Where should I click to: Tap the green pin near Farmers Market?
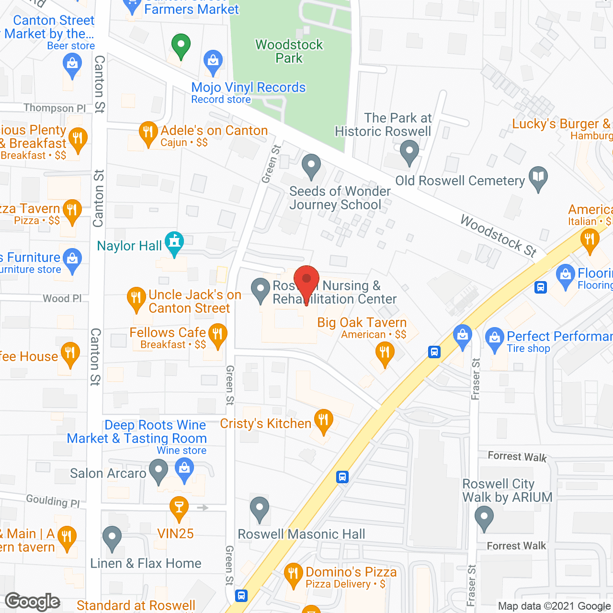click(x=181, y=46)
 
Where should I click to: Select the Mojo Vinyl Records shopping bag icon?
click(x=213, y=62)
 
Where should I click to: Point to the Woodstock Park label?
click(x=289, y=51)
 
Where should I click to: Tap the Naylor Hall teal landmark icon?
click(x=174, y=243)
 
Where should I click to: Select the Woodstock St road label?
click(x=498, y=236)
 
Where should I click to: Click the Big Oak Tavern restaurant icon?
click(x=385, y=354)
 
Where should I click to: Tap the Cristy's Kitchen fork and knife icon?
click(x=324, y=421)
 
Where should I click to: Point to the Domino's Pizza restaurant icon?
click(x=293, y=574)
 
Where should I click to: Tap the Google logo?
click(x=33, y=602)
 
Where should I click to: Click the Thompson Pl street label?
click(x=55, y=108)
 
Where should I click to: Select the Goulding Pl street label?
click(x=53, y=501)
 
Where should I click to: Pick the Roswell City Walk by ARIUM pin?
click(x=484, y=518)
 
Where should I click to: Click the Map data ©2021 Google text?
click(x=554, y=606)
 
